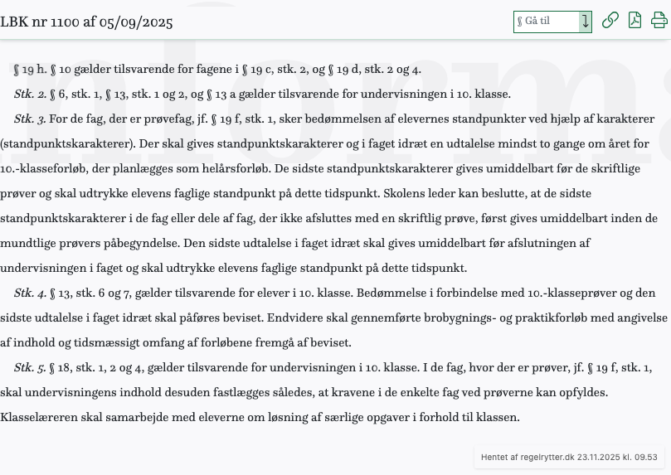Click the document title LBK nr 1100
click(86, 22)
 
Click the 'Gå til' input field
click(546, 22)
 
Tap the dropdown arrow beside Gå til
click(585, 22)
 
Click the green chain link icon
click(610, 21)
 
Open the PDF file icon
click(635, 21)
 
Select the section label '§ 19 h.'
click(30, 69)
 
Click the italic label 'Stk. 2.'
click(30, 94)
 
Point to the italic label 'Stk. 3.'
click(30, 119)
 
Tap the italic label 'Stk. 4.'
click(30, 293)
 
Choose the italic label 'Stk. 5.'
click(30, 367)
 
